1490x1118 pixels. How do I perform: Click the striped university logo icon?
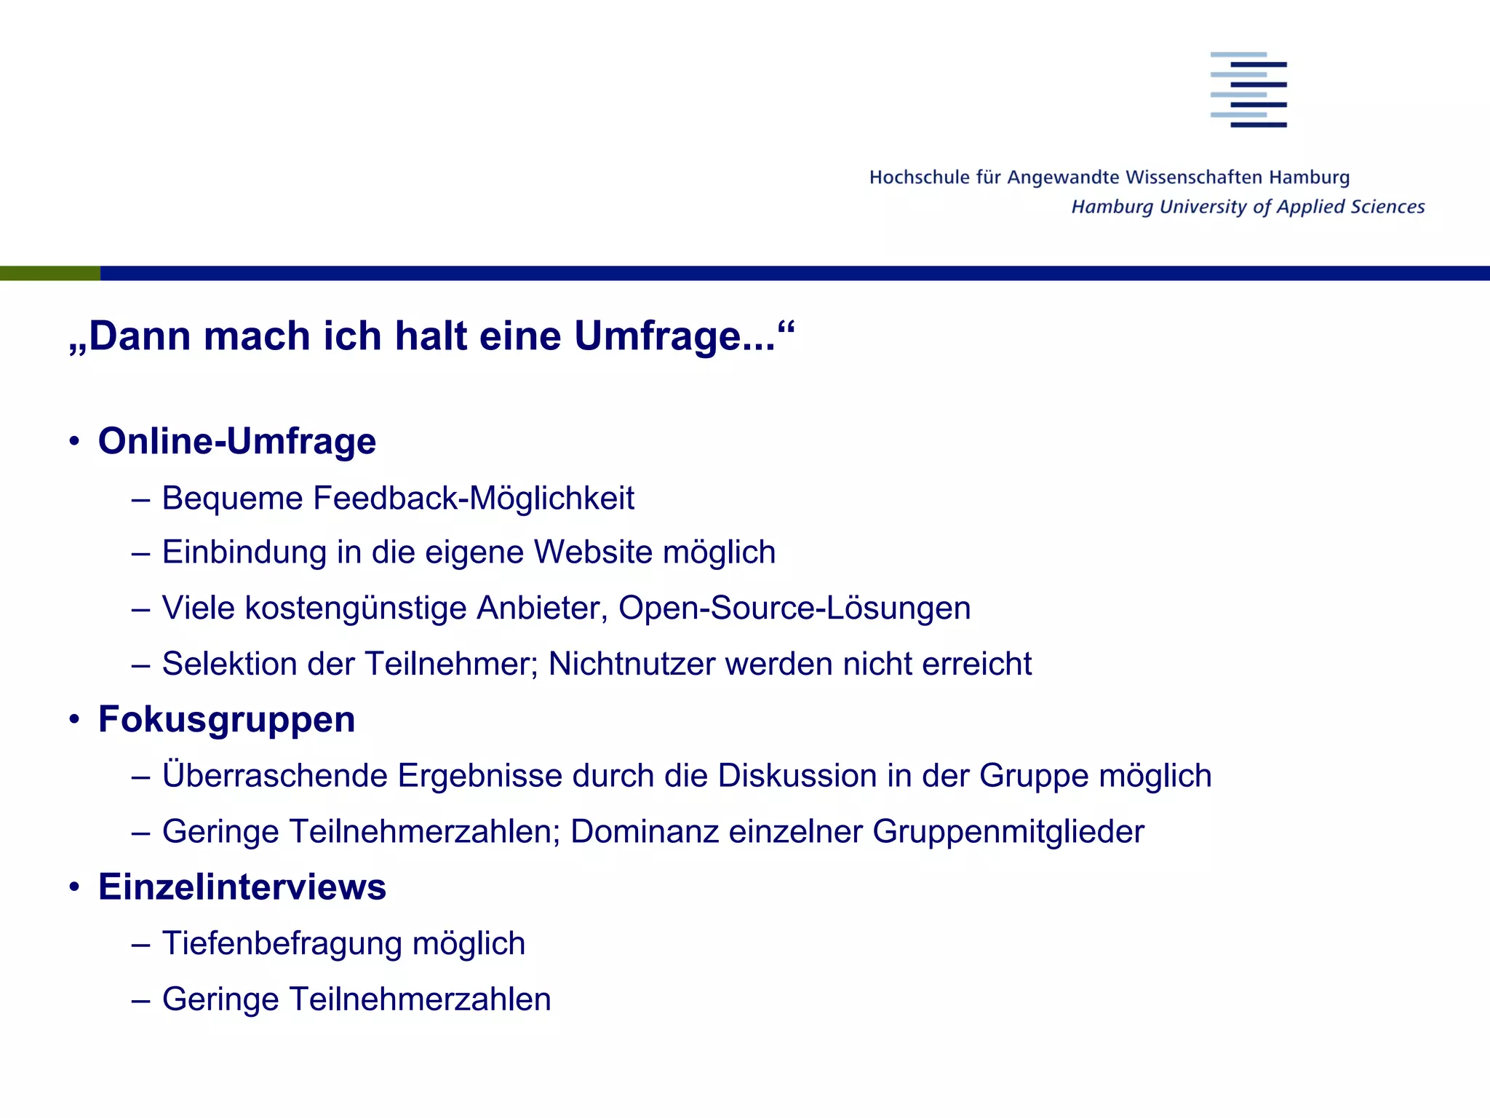click(x=1248, y=90)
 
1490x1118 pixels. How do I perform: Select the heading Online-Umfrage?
click(x=237, y=441)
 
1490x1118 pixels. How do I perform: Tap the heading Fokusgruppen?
click(x=226, y=720)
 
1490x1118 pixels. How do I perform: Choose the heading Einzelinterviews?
click(x=242, y=887)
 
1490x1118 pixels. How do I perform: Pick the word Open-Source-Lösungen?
click(x=794, y=608)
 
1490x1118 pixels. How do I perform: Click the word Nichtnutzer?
click(x=632, y=664)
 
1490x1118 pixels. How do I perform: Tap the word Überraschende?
click(x=275, y=775)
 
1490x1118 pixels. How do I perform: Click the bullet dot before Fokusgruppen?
click(x=74, y=720)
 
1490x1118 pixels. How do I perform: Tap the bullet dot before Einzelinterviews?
click(x=74, y=887)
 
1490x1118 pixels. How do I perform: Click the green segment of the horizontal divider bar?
click(x=49, y=273)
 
